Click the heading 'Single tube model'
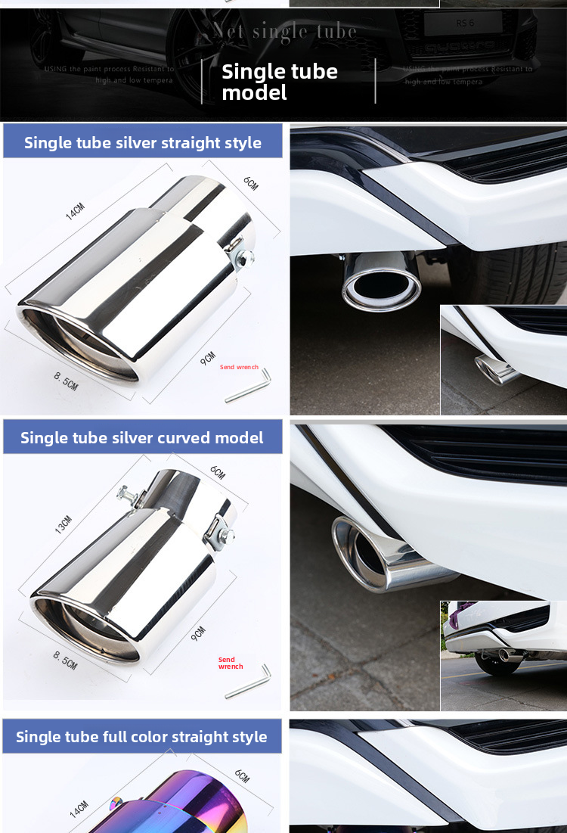click(x=279, y=82)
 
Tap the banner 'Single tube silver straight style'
click(x=143, y=142)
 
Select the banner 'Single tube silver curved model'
click(x=142, y=437)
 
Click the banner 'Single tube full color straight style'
click(x=141, y=736)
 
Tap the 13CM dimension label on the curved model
click(x=64, y=524)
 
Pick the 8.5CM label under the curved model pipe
click(x=65, y=659)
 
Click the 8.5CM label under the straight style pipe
click(x=66, y=381)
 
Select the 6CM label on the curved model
click(x=218, y=473)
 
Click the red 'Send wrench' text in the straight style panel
click(x=239, y=368)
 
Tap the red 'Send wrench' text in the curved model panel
click(x=231, y=663)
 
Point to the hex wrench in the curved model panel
click(x=247, y=681)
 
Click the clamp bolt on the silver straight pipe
click(x=243, y=259)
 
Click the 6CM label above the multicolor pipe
click(x=241, y=775)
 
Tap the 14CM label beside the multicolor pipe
click(x=79, y=810)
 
